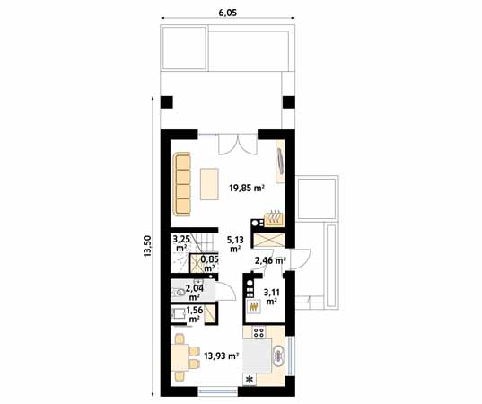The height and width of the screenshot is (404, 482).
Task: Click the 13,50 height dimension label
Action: coord(147,246)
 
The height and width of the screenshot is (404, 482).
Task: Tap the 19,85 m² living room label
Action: coord(247,188)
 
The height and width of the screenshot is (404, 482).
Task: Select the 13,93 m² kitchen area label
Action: coord(222,356)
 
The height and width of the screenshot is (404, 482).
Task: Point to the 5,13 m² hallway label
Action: coord(235,243)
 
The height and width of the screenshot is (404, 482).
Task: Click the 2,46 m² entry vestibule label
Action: coord(270,260)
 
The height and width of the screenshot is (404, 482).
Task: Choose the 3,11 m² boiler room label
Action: coord(271,296)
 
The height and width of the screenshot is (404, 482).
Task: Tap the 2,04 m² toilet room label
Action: coord(194,293)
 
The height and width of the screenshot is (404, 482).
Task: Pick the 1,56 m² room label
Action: coord(194,314)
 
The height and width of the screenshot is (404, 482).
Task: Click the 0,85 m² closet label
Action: coord(210,263)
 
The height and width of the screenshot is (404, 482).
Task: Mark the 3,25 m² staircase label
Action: coord(181,243)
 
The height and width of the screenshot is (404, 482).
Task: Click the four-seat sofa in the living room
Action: coord(182,185)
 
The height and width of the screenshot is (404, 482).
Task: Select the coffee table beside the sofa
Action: coord(209,184)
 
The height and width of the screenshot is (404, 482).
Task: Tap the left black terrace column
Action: coord(167,102)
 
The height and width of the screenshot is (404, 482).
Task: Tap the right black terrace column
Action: coord(289,102)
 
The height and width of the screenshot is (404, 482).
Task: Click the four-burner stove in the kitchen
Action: coord(259,332)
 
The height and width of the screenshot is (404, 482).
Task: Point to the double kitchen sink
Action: coord(279,356)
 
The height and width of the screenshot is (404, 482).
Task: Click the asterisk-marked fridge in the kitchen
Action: coord(250,380)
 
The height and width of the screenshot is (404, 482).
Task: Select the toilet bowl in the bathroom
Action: coord(178,292)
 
